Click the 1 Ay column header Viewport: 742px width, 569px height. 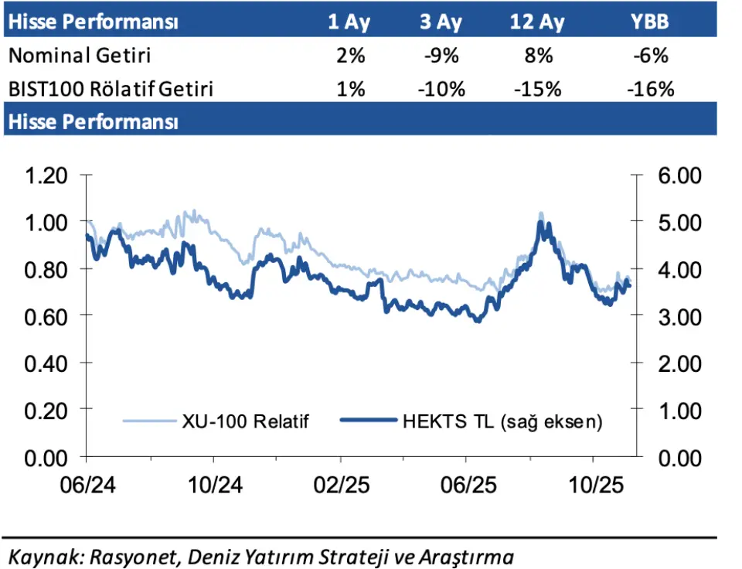[x=349, y=22]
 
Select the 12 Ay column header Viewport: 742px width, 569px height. [x=537, y=22]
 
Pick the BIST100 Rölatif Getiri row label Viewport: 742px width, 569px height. [x=111, y=89]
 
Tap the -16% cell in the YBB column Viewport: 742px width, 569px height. [x=651, y=89]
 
